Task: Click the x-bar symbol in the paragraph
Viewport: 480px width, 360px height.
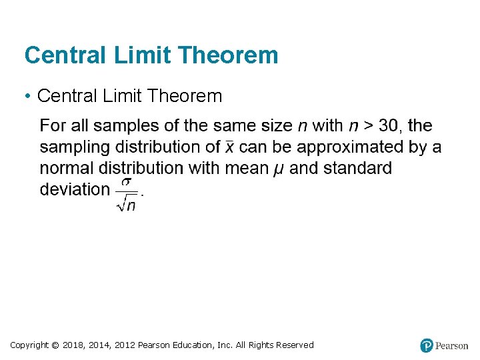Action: click(229, 147)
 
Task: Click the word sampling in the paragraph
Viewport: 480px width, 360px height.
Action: click(75, 147)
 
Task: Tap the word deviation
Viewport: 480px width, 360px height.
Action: click(74, 189)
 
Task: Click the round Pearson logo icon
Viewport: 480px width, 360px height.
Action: click(427, 345)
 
